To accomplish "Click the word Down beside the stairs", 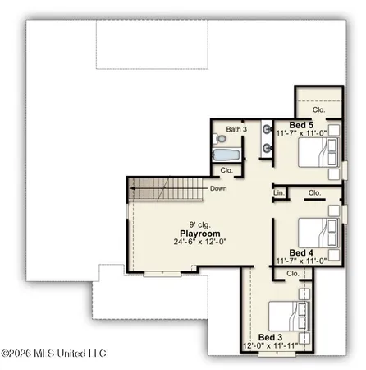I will (219, 188).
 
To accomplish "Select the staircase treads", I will (155, 188).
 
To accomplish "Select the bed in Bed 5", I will (315, 153).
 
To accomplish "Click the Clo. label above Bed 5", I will (318, 109).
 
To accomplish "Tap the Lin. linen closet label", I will (279, 193).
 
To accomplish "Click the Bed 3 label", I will (271, 337).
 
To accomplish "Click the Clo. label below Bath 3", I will (226, 170).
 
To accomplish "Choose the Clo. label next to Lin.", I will (314, 193).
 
